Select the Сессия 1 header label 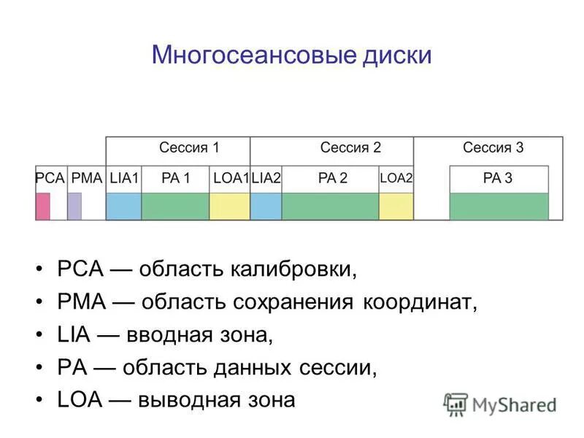(x=189, y=147)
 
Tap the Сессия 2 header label (x=350, y=147)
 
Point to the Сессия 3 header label (x=493, y=147)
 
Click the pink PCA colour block (x=43, y=206)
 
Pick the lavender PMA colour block (x=74, y=206)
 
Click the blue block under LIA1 (x=123, y=206)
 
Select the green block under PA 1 (x=175, y=206)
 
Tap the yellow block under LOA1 (x=229, y=206)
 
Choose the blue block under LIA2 (x=266, y=206)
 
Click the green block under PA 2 (x=330, y=206)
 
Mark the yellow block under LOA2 (x=395, y=206)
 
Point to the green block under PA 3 (x=499, y=206)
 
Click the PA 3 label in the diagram (x=499, y=178)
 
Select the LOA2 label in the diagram (x=396, y=178)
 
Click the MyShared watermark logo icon (x=456, y=404)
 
